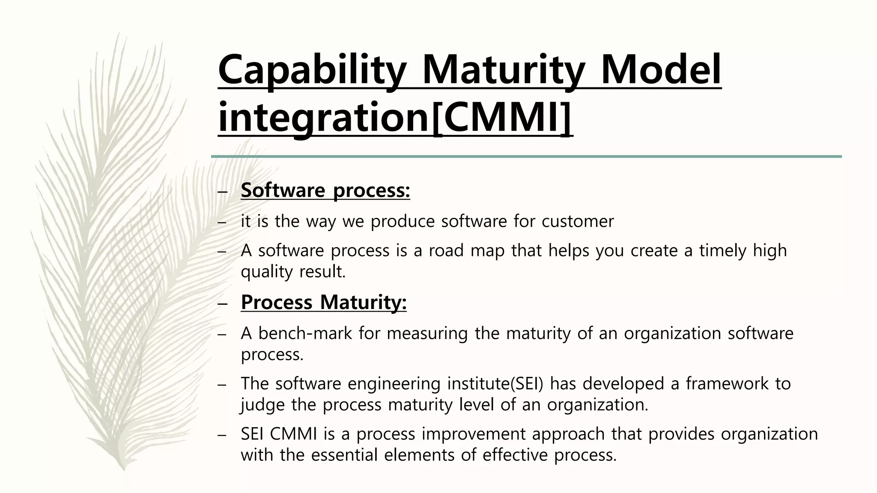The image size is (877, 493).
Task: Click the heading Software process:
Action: coord(325,190)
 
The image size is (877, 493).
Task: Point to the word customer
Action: coord(578,221)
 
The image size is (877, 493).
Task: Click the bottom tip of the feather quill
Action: coord(122,468)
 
